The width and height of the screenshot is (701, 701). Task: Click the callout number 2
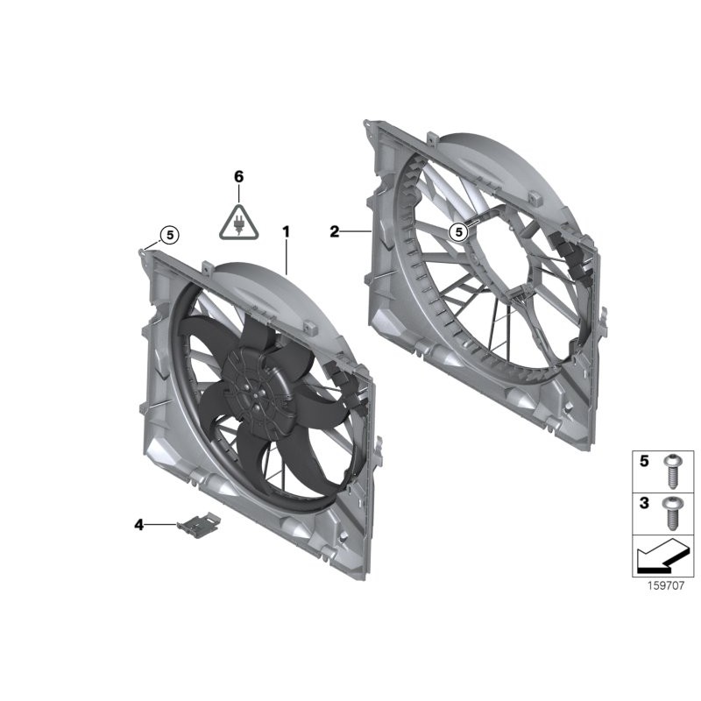[x=334, y=231]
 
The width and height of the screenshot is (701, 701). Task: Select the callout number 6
[x=238, y=176]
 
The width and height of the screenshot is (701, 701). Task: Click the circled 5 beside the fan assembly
[x=168, y=234]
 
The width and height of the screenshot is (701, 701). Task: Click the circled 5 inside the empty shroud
[x=457, y=232]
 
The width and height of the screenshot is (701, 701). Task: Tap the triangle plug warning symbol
[x=238, y=222]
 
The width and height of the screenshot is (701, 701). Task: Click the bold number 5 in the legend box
[x=644, y=460]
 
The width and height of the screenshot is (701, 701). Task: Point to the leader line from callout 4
[x=161, y=524]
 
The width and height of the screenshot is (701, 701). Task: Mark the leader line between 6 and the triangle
[x=238, y=193]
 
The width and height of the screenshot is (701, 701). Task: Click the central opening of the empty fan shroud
[x=491, y=263]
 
